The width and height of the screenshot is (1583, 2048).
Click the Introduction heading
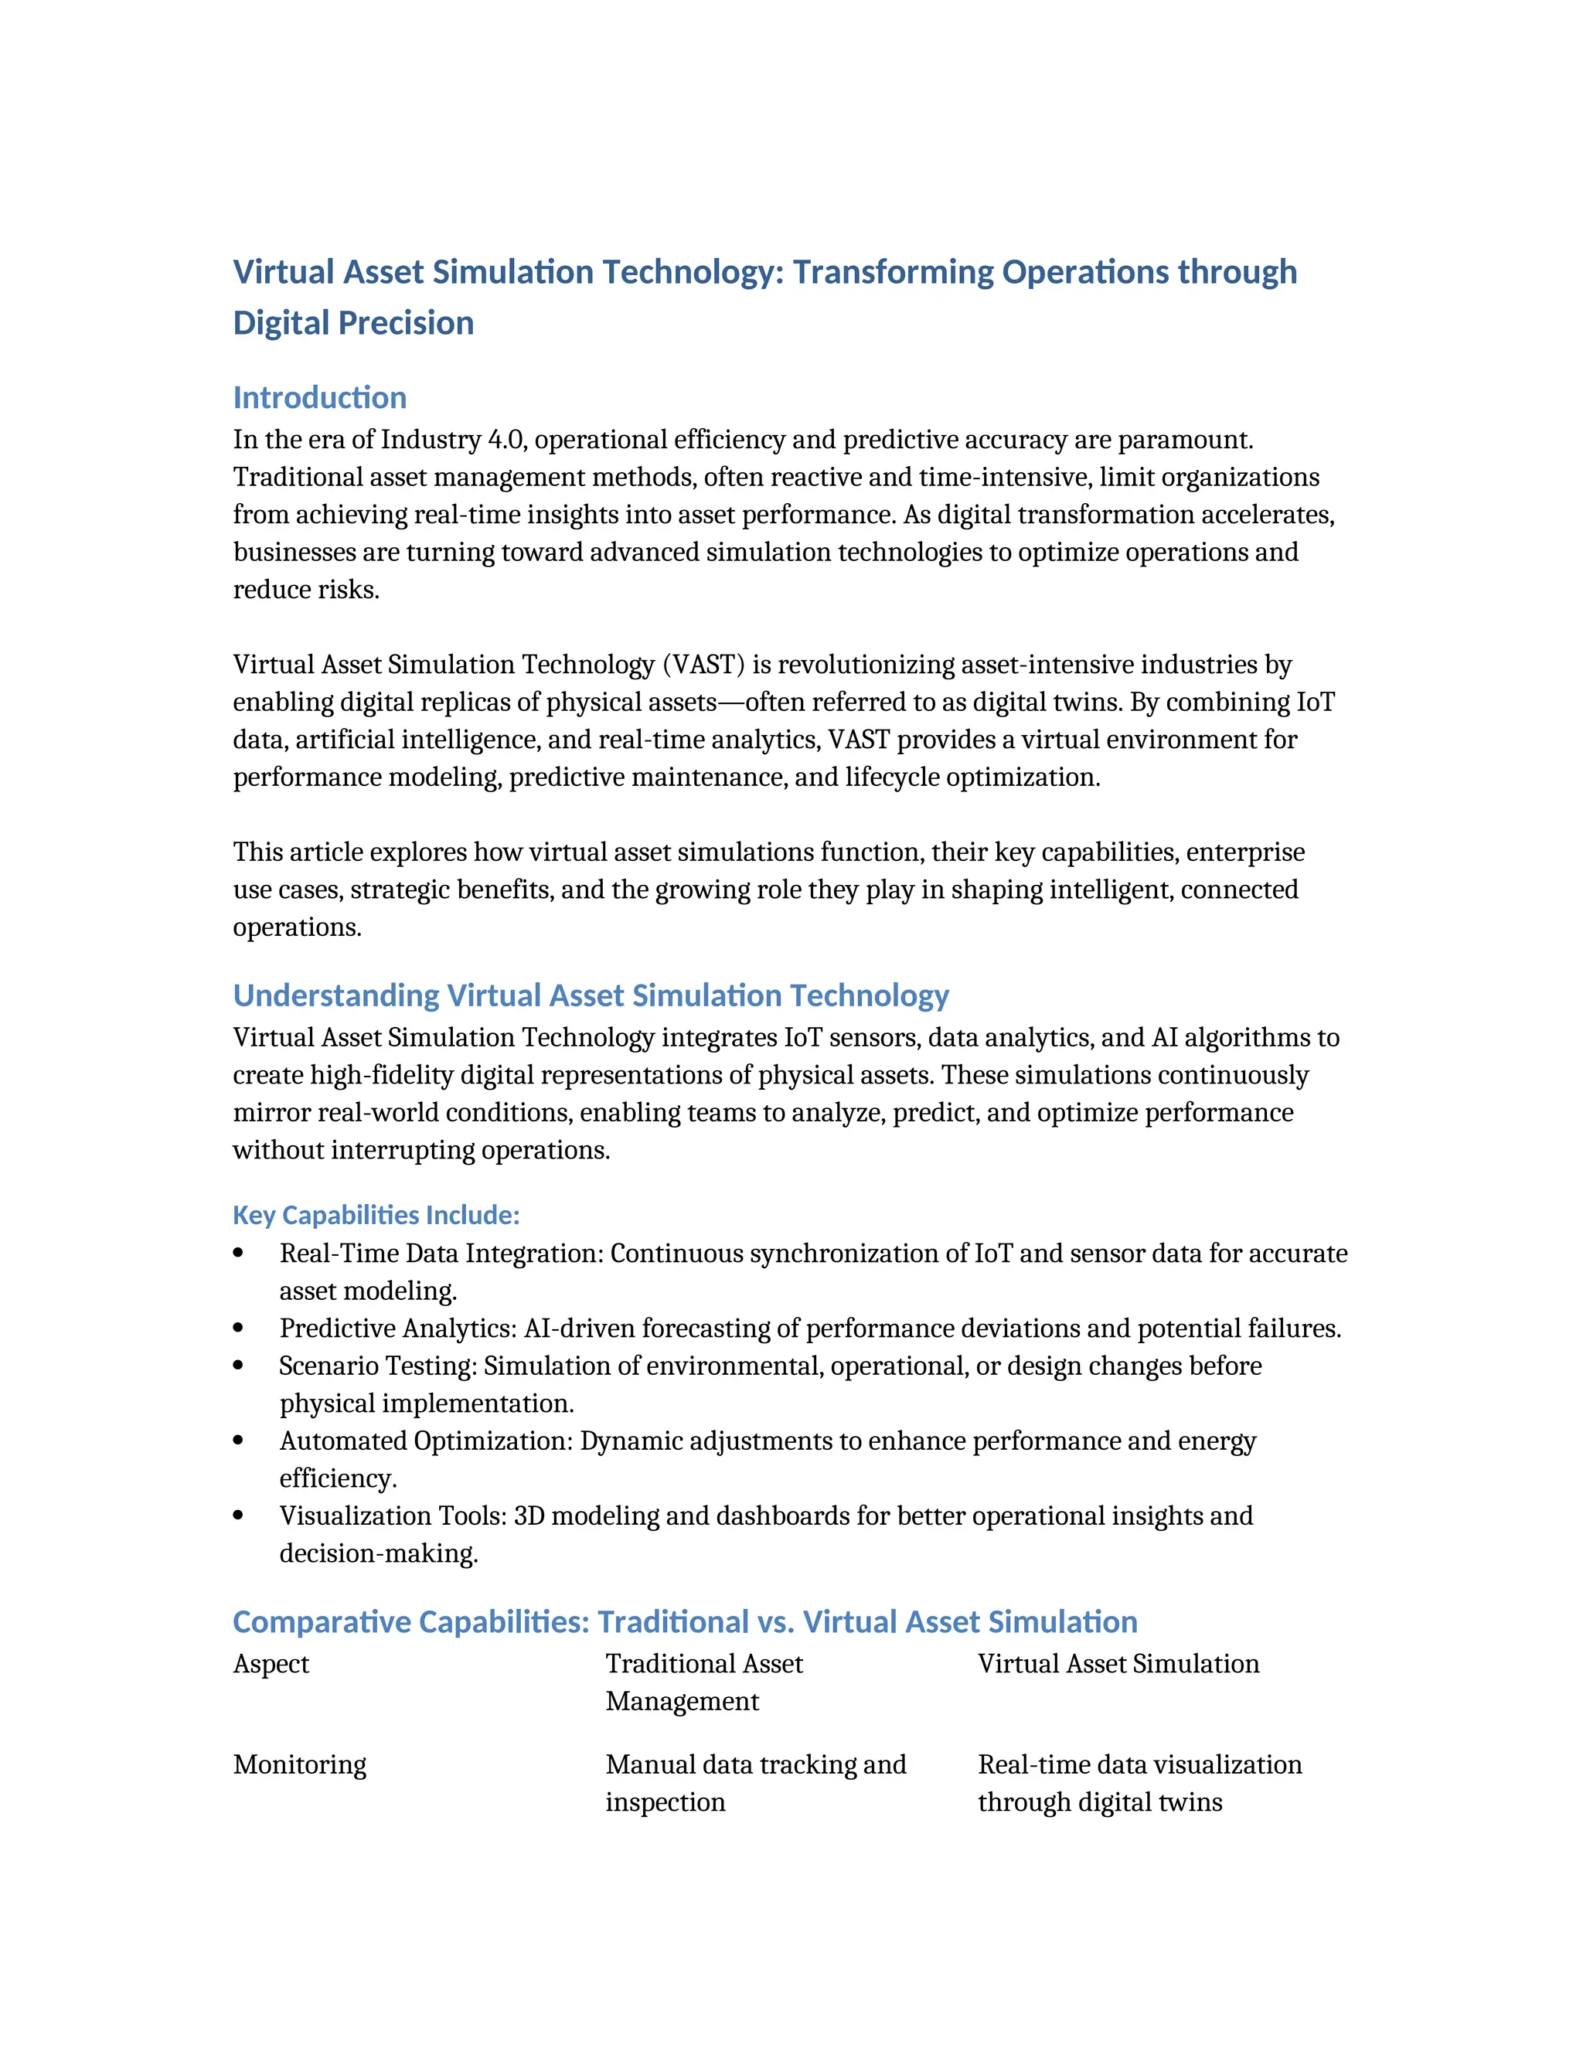pyautogui.click(x=319, y=397)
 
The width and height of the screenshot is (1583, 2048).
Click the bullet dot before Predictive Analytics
pyautogui.click(x=238, y=1328)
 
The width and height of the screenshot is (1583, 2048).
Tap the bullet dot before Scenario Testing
pyautogui.click(x=238, y=1366)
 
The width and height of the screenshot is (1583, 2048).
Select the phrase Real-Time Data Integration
pyautogui.click(x=441, y=1254)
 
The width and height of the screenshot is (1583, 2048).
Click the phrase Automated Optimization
pyautogui.click(x=426, y=1441)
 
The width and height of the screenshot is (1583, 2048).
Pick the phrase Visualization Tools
pyautogui.click(x=393, y=1516)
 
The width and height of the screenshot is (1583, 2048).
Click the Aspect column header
pyautogui.click(x=271, y=1664)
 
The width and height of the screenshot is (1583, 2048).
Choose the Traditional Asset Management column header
pyautogui.click(x=703, y=1682)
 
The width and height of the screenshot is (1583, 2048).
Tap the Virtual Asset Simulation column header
pyautogui.click(x=1118, y=1664)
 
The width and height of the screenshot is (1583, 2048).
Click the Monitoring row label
pyautogui.click(x=299, y=1765)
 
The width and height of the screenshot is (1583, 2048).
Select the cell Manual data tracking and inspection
pyautogui.click(x=755, y=1784)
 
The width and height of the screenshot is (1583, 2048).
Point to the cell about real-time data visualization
pyautogui.click(x=1139, y=1784)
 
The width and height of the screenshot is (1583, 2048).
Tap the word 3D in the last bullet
pyautogui.click(x=529, y=1516)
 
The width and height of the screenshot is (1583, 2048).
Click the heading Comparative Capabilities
pyautogui.click(x=685, y=1621)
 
